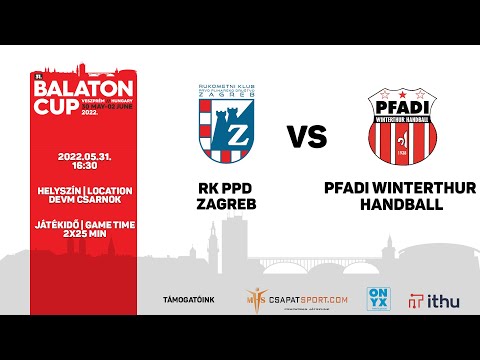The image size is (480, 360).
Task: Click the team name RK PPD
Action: point(222,186)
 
